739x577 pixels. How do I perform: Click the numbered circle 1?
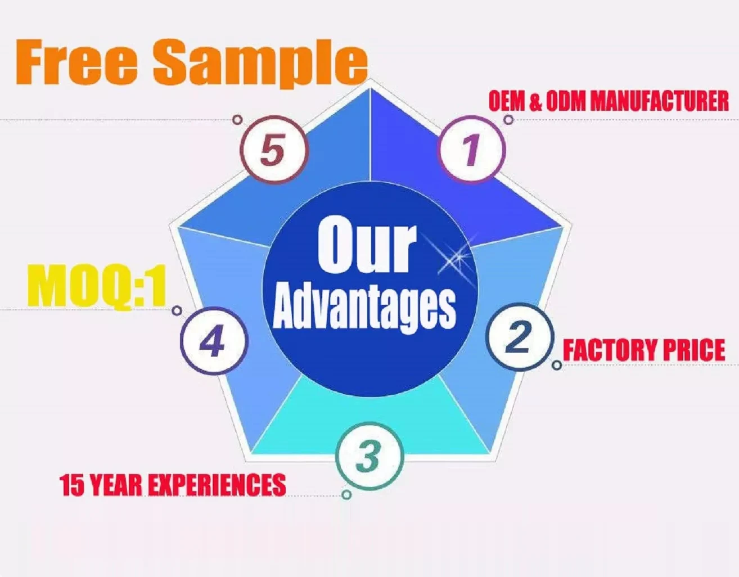[471, 150]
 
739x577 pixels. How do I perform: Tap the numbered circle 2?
[519, 337]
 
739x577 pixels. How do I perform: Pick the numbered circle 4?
[214, 341]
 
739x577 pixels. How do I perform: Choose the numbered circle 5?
[274, 151]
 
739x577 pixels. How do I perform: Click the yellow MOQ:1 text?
[97, 287]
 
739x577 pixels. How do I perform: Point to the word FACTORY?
[609, 350]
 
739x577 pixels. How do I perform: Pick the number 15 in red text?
[72, 485]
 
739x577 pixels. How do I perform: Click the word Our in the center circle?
[366, 246]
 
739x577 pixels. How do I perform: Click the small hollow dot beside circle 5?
[237, 120]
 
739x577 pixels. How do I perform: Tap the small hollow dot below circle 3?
[347, 494]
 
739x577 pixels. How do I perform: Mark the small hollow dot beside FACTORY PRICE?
[557, 366]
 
